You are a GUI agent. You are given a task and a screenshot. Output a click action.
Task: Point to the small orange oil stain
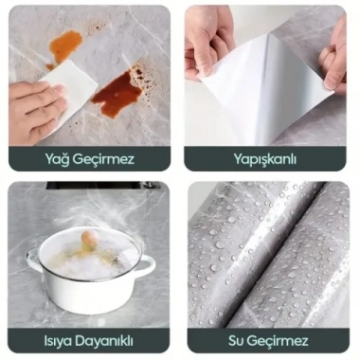(65, 44)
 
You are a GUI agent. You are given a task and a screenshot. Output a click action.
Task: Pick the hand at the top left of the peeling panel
(210, 43)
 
